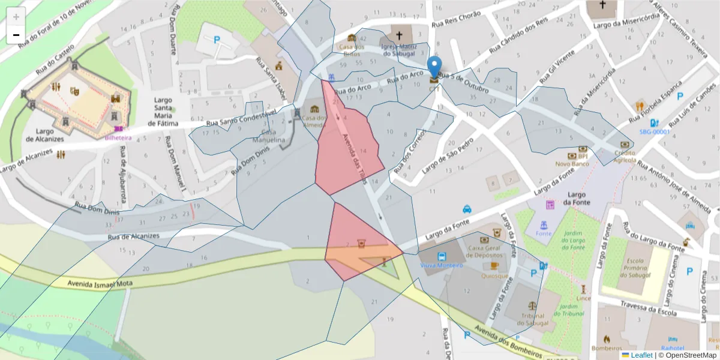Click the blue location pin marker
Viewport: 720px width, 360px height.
(434, 67)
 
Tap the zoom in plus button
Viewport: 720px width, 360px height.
(16, 17)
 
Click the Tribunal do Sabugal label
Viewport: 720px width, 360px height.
(533, 319)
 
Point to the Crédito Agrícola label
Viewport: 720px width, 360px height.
(625, 157)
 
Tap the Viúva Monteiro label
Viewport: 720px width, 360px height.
(442, 265)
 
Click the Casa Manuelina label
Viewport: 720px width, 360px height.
(272, 136)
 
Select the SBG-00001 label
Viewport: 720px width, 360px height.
(654, 131)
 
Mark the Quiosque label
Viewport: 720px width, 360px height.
(495, 276)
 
